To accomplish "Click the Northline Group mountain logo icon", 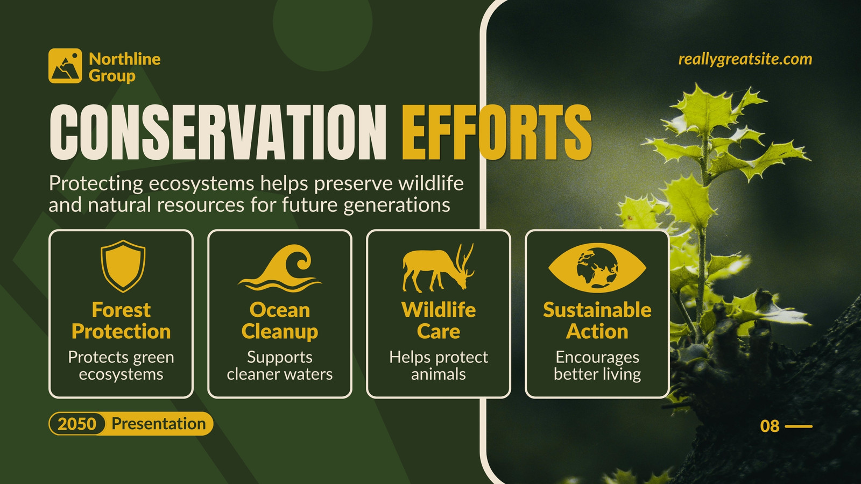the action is click(65, 66).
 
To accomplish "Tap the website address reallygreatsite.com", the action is click(745, 60).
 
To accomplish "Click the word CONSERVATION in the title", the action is click(218, 132).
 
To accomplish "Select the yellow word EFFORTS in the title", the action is click(497, 132).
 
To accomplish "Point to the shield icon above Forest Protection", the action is click(123, 266).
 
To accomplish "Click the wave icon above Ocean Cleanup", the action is click(280, 268).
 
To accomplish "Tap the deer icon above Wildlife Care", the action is click(438, 268).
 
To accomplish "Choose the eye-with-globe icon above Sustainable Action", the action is click(597, 268).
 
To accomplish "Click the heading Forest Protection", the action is click(121, 321).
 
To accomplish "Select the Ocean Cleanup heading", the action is click(280, 321).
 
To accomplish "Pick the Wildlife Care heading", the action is click(439, 321).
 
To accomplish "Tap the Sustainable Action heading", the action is click(597, 321).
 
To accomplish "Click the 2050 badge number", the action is click(77, 424).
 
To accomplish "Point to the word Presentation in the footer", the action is click(159, 424).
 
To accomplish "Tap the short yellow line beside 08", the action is click(799, 426).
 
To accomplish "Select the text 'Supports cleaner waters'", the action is click(280, 366).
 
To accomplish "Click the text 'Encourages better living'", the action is click(597, 366).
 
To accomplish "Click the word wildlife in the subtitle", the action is click(431, 183).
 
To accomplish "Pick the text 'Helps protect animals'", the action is click(439, 366).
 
